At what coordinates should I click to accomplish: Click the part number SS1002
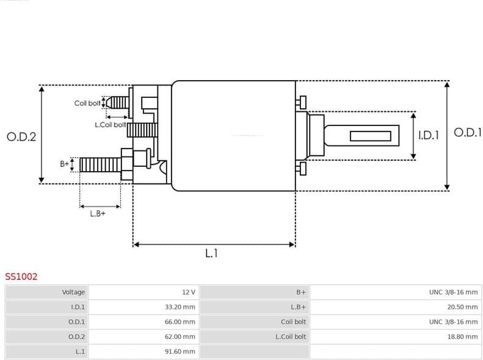[21, 277]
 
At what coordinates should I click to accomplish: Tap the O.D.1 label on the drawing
[468, 133]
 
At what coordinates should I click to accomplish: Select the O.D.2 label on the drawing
[21, 137]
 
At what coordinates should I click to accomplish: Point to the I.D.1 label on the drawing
[429, 136]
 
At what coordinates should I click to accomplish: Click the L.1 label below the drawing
[211, 253]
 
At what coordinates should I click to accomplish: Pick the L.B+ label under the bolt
[98, 213]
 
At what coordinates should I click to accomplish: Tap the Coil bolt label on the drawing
[87, 103]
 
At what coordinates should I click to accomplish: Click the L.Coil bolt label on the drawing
[110, 125]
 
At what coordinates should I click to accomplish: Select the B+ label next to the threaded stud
[64, 164]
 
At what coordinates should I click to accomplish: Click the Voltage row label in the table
[73, 292]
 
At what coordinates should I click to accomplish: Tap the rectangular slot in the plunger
[371, 136]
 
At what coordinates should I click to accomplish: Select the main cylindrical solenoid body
[233, 136]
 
